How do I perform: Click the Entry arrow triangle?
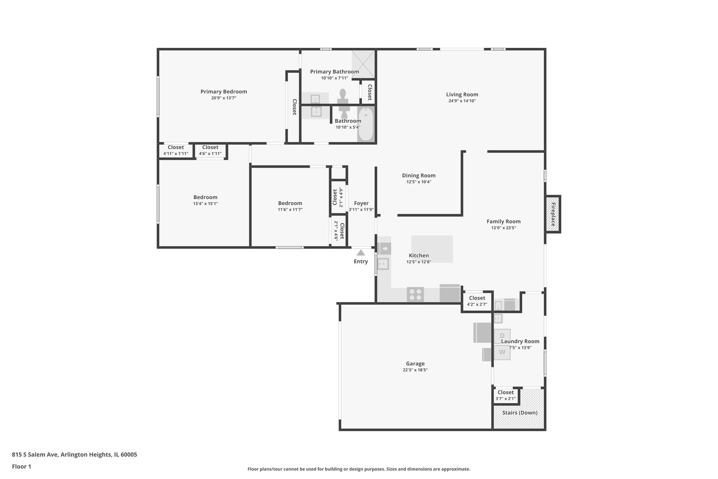(x=361, y=253)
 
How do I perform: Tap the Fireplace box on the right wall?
(x=553, y=214)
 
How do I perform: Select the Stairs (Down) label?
(x=519, y=412)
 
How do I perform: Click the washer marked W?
(x=502, y=353)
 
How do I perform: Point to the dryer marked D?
(x=502, y=336)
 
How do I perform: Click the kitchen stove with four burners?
(x=415, y=294)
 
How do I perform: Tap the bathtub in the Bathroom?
(x=366, y=124)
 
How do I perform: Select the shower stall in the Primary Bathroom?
(x=363, y=64)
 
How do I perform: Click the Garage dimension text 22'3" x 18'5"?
(x=415, y=370)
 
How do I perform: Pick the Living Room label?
(x=462, y=94)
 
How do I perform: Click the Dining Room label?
(x=419, y=176)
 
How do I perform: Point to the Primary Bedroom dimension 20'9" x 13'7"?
(x=224, y=98)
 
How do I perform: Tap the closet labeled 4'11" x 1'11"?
(x=176, y=150)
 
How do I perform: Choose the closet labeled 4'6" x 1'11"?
(x=210, y=150)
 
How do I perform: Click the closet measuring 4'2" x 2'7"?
(x=477, y=301)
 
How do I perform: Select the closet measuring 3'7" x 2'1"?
(x=506, y=395)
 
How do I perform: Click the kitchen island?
(x=432, y=249)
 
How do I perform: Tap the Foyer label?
(x=361, y=203)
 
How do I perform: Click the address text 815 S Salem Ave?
(x=35, y=455)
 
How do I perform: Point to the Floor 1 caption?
(x=21, y=467)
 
